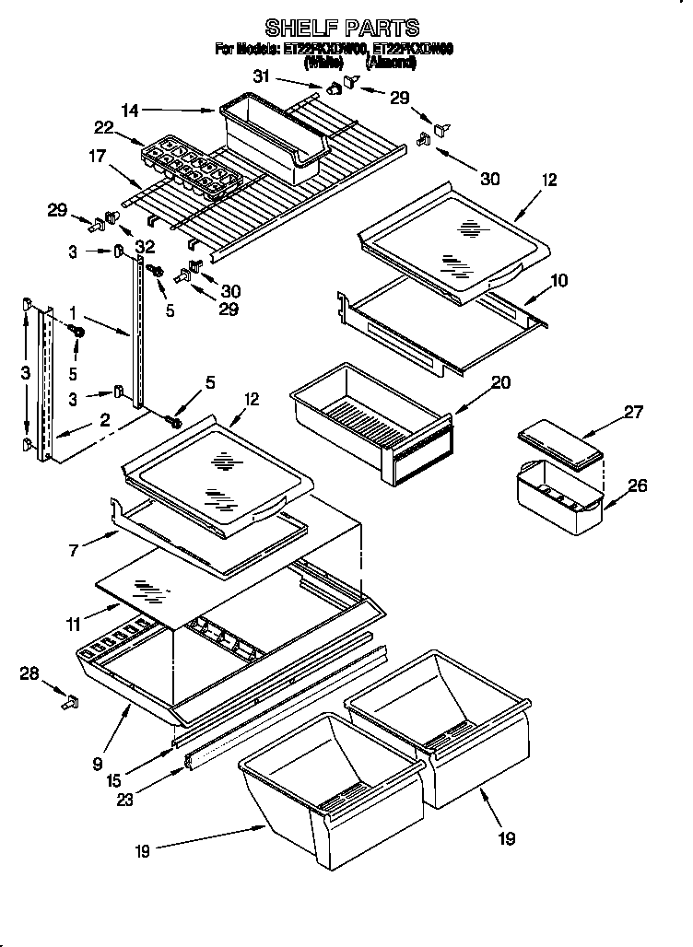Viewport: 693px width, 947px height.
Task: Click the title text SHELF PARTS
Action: tap(342, 28)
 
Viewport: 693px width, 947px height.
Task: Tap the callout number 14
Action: tap(132, 111)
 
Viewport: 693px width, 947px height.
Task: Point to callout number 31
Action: tap(263, 76)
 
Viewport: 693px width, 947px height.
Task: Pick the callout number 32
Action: tap(144, 246)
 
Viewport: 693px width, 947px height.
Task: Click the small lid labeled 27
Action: tap(560, 445)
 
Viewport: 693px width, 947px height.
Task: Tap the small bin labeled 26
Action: tap(558, 497)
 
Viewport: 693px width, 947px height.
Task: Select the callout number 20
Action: tap(500, 382)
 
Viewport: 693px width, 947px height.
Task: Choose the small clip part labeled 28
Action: tap(68, 702)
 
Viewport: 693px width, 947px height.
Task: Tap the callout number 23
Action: tap(126, 800)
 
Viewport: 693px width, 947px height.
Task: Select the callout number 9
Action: tap(97, 762)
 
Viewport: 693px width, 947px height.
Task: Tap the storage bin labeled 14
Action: tap(273, 137)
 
